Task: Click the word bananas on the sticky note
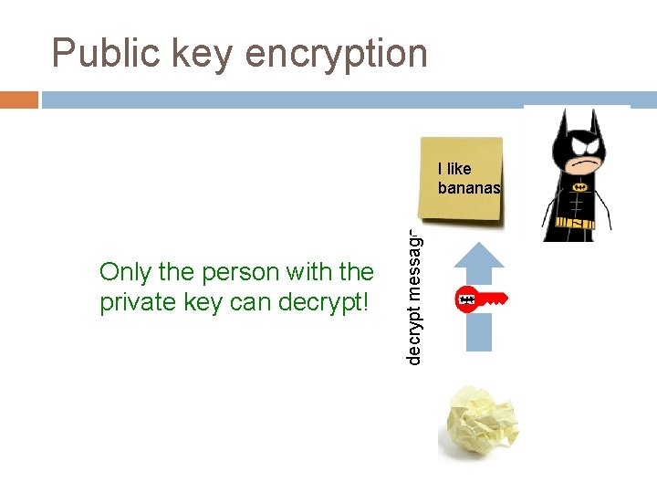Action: (469, 188)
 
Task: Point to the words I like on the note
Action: (454, 168)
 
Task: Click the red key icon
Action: (480, 299)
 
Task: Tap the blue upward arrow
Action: (479, 292)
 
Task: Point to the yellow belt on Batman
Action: (579, 221)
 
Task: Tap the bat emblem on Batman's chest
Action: (579, 187)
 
